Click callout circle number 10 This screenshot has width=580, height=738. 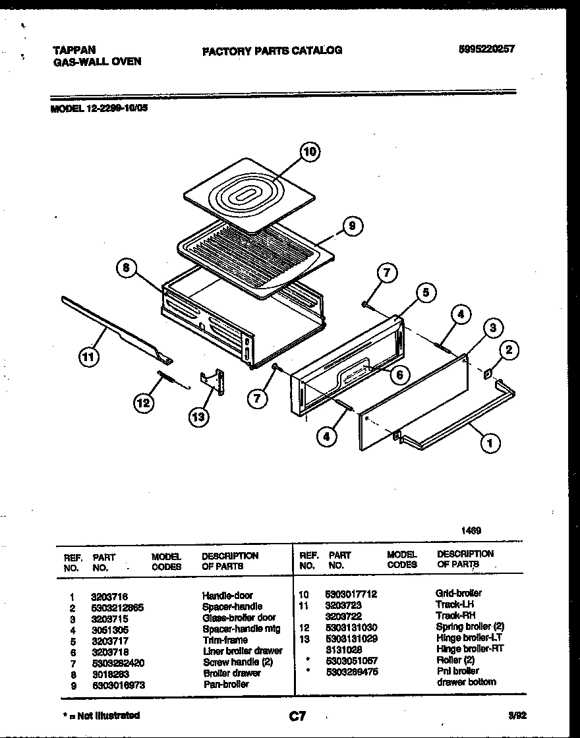[x=310, y=153]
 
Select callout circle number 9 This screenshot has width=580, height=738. [x=352, y=226]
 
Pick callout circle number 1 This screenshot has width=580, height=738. [x=490, y=443]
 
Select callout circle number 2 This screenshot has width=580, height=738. [x=507, y=351]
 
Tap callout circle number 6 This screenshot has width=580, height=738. [x=399, y=375]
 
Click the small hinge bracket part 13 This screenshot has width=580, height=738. [x=212, y=381]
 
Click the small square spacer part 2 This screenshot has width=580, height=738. [x=488, y=374]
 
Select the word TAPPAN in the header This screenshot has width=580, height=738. [x=73, y=50]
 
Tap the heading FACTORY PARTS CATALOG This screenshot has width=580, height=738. [x=272, y=50]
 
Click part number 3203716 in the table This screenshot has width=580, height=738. [x=109, y=596]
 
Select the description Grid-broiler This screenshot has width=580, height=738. [x=458, y=593]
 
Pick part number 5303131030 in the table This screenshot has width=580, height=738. [x=351, y=627]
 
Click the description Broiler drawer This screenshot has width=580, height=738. [x=231, y=673]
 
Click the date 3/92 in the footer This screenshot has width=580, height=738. [x=515, y=715]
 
